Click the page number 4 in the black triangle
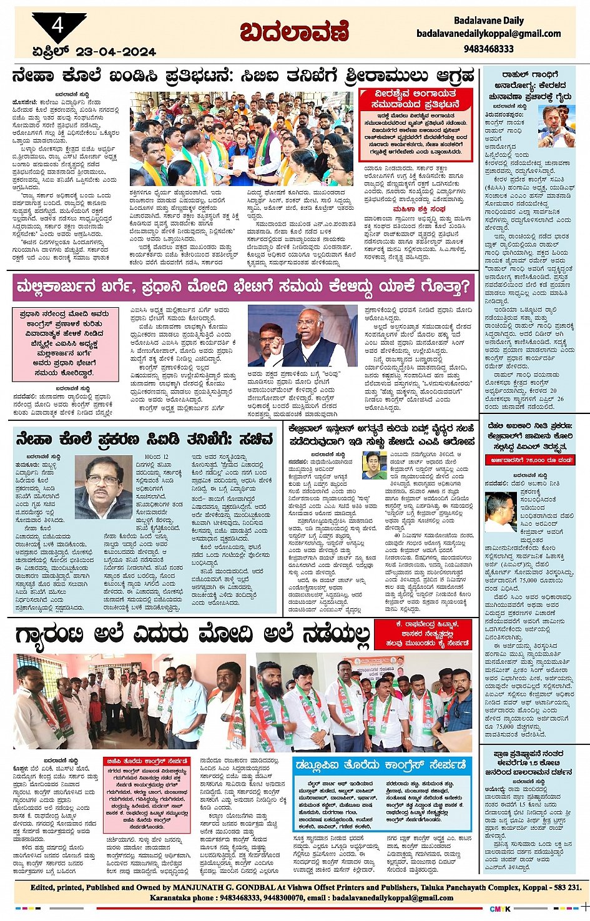click(58, 25)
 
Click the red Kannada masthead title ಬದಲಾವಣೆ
click(295, 31)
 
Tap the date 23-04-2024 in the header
click(117, 52)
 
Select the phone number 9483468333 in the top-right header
click(489, 48)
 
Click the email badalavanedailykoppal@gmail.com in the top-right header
click(489, 34)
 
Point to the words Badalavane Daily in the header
click(489, 21)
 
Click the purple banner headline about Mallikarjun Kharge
click(241, 288)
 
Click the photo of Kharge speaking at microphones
click(302, 336)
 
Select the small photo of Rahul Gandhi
click(556, 127)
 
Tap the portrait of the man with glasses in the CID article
click(103, 478)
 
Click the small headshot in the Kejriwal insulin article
click(374, 465)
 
